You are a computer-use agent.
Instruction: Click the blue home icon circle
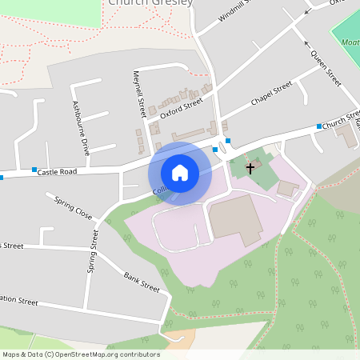pos(180,172)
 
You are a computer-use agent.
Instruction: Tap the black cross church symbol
pos(250,168)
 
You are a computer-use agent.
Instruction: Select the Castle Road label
pos(58,171)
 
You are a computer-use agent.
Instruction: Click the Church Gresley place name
pos(150,3)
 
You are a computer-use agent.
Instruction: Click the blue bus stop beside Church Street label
pos(318,126)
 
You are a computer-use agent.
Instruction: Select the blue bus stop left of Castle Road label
pos(34,170)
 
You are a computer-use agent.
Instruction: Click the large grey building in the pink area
pos(235,220)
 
